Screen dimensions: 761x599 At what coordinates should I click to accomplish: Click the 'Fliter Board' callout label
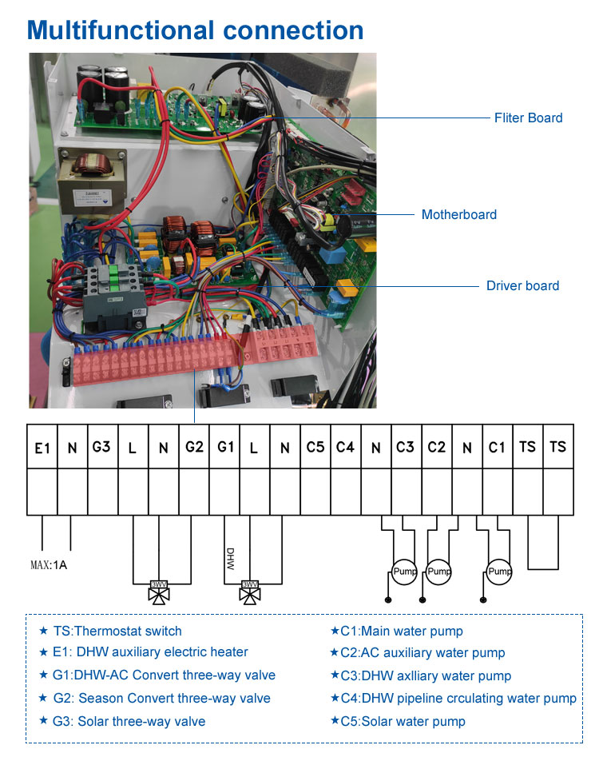tap(528, 118)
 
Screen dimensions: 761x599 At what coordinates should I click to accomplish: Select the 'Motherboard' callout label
tap(458, 214)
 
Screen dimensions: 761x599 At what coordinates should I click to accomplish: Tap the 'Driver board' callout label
tap(522, 285)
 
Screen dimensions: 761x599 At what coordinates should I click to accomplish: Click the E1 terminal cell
tap(42, 448)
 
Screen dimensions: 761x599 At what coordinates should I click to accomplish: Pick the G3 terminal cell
tap(101, 447)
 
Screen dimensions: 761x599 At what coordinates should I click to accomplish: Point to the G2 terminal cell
tap(193, 447)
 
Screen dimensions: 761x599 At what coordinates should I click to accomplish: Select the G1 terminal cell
tap(224, 447)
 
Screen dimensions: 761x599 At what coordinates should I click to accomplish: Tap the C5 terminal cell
tap(315, 447)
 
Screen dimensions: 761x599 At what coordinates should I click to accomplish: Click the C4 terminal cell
tap(345, 447)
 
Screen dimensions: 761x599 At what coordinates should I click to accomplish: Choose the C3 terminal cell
tap(406, 447)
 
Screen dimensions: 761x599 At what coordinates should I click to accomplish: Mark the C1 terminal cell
tap(497, 447)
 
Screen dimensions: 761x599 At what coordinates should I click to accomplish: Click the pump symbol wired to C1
tap(500, 572)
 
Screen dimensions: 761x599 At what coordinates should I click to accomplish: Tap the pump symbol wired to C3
tap(403, 572)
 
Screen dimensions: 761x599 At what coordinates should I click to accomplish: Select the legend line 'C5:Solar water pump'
tap(398, 721)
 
